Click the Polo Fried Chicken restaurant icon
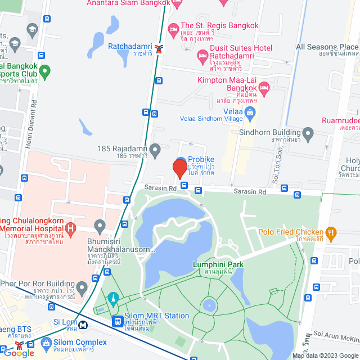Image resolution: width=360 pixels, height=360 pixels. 331,232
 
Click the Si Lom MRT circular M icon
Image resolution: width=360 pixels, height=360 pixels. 83,324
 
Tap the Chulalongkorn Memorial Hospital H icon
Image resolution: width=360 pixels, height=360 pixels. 70,228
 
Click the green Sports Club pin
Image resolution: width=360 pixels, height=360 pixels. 45,71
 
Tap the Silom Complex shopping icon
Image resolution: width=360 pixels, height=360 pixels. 45,343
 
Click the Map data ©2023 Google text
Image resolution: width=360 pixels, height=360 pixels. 325,355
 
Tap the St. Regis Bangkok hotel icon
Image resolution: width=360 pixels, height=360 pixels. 173,26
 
